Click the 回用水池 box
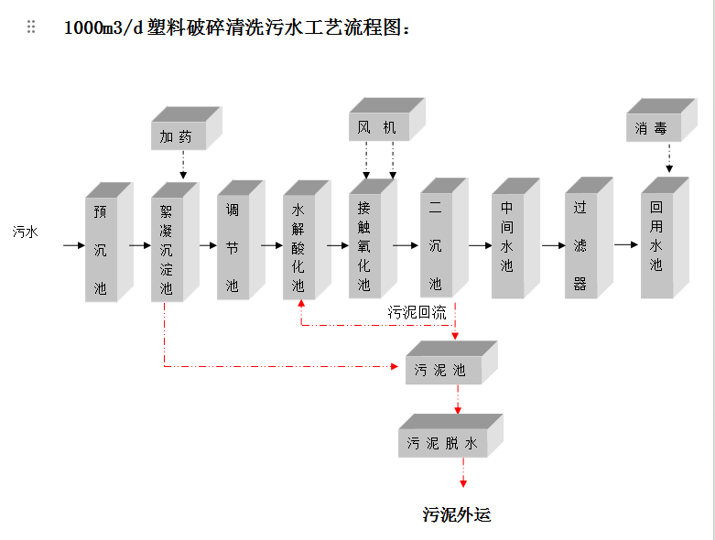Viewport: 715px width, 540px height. [655, 245]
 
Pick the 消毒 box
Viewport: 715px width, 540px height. [652, 128]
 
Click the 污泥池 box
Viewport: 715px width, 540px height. [442, 370]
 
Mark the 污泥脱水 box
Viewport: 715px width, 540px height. [443, 443]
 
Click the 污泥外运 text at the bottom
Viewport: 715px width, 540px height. [456, 514]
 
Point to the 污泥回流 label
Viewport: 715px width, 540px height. [417, 312]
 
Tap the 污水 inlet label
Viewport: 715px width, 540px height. [26, 232]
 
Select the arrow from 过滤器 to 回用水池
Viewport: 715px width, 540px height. [625, 244]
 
